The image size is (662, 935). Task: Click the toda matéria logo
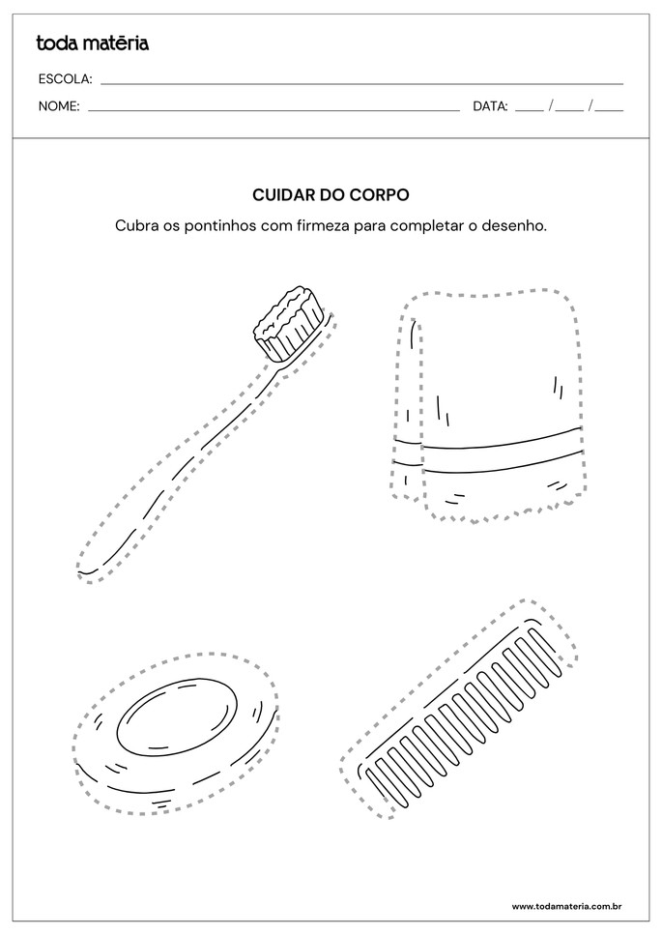coord(92,43)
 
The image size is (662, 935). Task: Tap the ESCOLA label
coord(65,78)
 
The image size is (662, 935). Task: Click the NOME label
coord(59,106)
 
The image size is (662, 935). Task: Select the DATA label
coord(490,106)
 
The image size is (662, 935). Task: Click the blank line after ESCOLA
coord(362,82)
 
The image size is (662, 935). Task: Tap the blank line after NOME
coord(273,109)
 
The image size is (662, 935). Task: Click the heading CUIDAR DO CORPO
coord(331,194)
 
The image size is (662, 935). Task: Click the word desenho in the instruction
coord(517,226)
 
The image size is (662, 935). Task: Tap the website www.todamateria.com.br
coord(565,906)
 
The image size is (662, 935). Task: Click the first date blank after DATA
coord(530,107)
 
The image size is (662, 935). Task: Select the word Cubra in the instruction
coord(134,226)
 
